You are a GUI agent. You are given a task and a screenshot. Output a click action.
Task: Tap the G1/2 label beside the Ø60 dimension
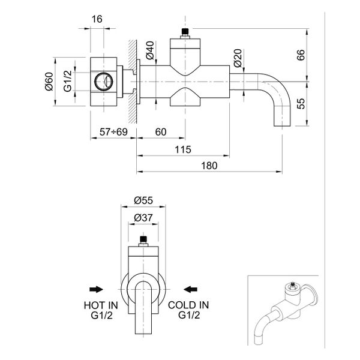(68, 81)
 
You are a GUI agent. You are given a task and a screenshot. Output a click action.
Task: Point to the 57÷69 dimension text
(113, 132)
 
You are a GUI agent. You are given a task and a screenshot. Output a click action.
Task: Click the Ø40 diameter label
(151, 52)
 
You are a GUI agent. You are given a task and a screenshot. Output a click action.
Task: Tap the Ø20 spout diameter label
(238, 58)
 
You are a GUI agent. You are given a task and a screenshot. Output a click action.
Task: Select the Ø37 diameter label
(143, 218)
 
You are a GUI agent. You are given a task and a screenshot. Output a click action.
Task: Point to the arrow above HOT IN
(94, 287)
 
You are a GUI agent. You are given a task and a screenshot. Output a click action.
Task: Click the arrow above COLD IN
(191, 287)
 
